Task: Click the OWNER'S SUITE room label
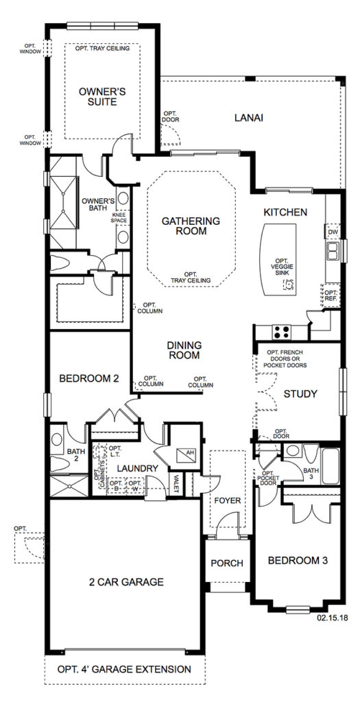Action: tap(102, 97)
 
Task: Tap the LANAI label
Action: tap(248, 118)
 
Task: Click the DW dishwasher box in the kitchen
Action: tap(333, 232)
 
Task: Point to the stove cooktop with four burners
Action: tap(282, 332)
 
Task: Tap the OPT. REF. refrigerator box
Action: tap(331, 295)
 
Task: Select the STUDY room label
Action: tap(300, 394)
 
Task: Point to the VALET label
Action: tap(176, 483)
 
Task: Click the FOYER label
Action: tap(228, 500)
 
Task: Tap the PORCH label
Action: tap(227, 564)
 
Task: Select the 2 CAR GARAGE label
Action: tap(125, 582)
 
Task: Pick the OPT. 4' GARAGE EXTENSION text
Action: tap(125, 670)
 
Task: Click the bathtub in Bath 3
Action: tap(331, 465)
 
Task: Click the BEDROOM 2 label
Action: tap(89, 378)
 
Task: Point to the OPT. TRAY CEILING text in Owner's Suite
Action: tap(103, 48)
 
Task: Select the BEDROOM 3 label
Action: tap(298, 560)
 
